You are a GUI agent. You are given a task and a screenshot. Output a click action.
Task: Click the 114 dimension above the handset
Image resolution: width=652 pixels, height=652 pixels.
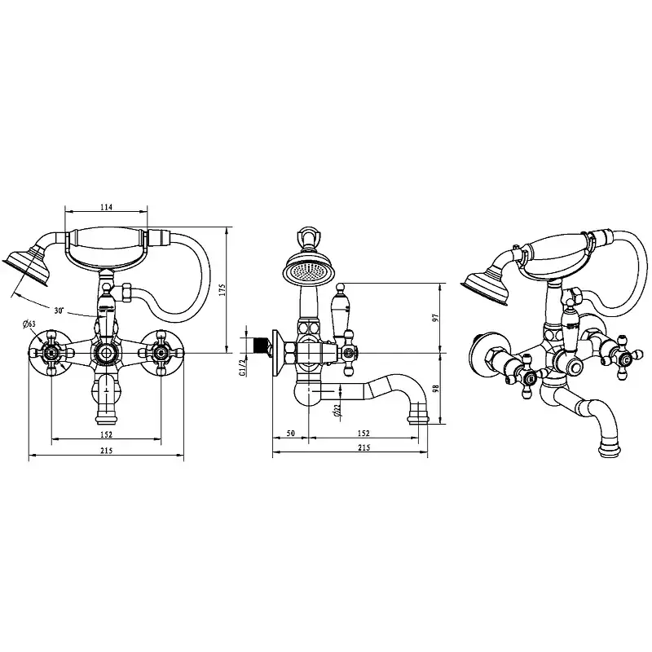point(107,207)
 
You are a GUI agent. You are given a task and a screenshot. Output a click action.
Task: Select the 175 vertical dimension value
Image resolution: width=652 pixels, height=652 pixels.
point(222,290)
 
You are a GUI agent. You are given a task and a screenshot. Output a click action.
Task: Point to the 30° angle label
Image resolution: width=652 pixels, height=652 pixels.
point(59,311)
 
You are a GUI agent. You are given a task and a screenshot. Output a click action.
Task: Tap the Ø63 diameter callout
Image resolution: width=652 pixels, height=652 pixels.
point(29,324)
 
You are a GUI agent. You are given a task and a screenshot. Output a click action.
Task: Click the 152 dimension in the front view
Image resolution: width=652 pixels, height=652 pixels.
point(107,434)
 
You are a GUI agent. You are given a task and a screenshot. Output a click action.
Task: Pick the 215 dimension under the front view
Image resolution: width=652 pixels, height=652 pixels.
point(107,451)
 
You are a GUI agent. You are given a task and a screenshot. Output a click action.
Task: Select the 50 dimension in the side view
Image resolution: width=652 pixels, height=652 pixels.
point(291,434)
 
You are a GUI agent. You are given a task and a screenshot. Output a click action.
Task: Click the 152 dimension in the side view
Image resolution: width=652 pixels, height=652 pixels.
point(363,434)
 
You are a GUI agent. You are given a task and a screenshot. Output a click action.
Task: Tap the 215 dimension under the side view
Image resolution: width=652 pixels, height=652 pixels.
point(363,447)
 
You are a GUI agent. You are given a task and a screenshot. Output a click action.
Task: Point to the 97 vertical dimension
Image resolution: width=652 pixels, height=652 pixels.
point(435,318)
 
